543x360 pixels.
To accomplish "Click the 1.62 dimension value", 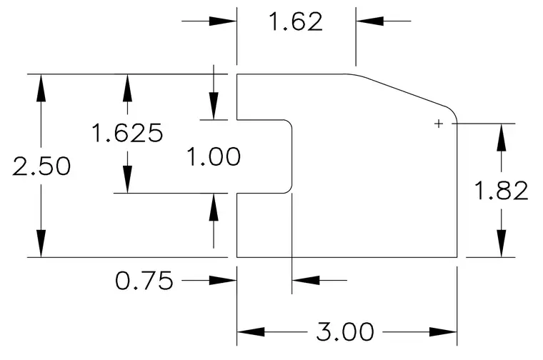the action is pyautogui.click(x=296, y=21).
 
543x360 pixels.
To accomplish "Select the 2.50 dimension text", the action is pyautogui.click(x=41, y=166).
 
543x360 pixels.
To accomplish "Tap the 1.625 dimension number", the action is pyautogui.click(x=127, y=133).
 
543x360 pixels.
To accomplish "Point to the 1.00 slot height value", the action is pyautogui.click(x=214, y=156).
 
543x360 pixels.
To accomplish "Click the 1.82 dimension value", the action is pyautogui.click(x=501, y=191).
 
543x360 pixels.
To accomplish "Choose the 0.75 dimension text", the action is pyautogui.click(x=144, y=281).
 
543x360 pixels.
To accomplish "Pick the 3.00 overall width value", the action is pyautogui.click(x=345, y=331).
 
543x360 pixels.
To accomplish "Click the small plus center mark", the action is pyautogui.click(x=439, y=124).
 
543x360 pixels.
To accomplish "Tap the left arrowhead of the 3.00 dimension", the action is pyautogui.click(x=251, y=332).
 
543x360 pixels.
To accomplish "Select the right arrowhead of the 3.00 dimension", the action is pyautogui.click(x=443, y=332).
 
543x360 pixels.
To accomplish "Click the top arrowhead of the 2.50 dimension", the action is pyautogui.click(x=41, y=88).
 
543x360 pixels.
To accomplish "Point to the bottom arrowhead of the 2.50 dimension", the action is pyautogui.click(x=41, y=244).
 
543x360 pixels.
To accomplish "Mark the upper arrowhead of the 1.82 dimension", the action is pyautogui.click(x=501, y=137).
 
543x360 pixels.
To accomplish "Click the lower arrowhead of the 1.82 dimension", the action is pyautogui.click(x=501, y=244).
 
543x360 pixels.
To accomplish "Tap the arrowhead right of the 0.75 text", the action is pyautogui.click(x=223, y=281).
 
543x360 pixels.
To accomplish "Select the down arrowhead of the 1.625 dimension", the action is pyautogui.click(x=127, y=179).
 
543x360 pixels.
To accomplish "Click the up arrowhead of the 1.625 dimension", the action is pyautogui.click(x=127, y=88).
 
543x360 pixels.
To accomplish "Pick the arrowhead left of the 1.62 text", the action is pyautogui.click(x=223, y=21).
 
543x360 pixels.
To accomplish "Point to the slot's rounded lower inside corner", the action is pyautogui.click(x=289, y=190).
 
